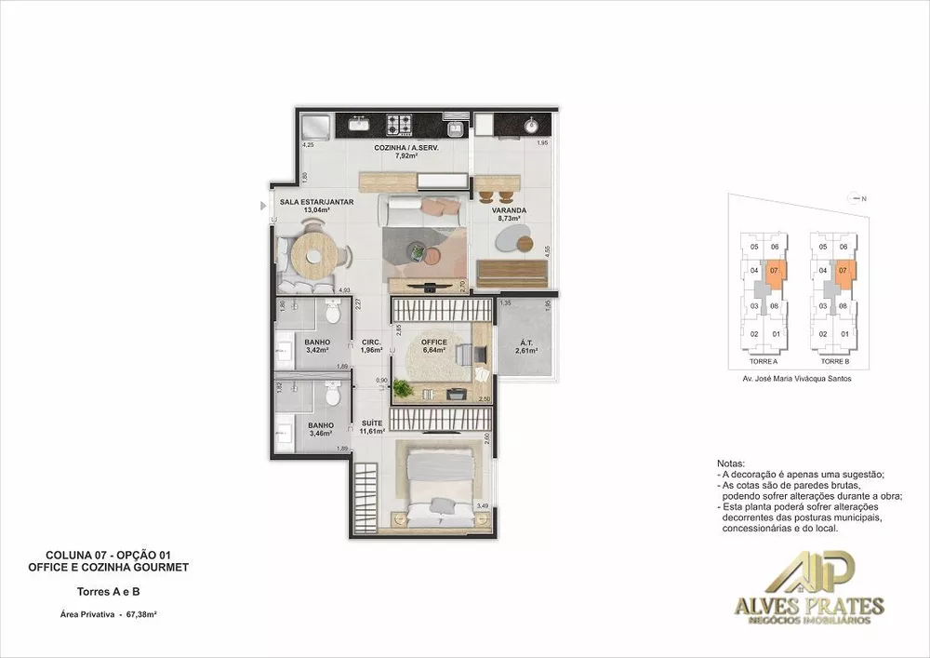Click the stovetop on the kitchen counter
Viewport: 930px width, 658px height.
tap(400, 124)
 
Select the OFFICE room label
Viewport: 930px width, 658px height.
tap(434, 346)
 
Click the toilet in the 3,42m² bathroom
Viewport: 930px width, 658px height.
tap(332, 315)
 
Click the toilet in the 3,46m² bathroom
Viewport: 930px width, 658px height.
tap(333, 398)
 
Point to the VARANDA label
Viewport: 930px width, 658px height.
tap(510, 210)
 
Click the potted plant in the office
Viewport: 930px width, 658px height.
tap(402, 389)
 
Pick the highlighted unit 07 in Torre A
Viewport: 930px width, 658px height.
tap(775, 272)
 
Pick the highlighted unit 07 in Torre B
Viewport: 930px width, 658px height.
tap(844, 272)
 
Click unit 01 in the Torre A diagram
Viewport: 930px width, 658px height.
tap(776, 334)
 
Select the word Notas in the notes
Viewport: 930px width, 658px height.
tap(732, 463)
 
